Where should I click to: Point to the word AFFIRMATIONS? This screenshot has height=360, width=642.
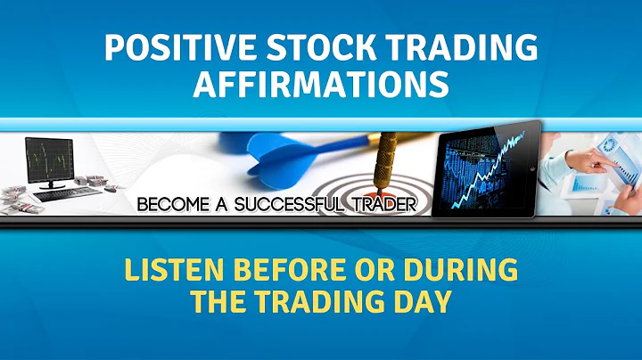(321, 85)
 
